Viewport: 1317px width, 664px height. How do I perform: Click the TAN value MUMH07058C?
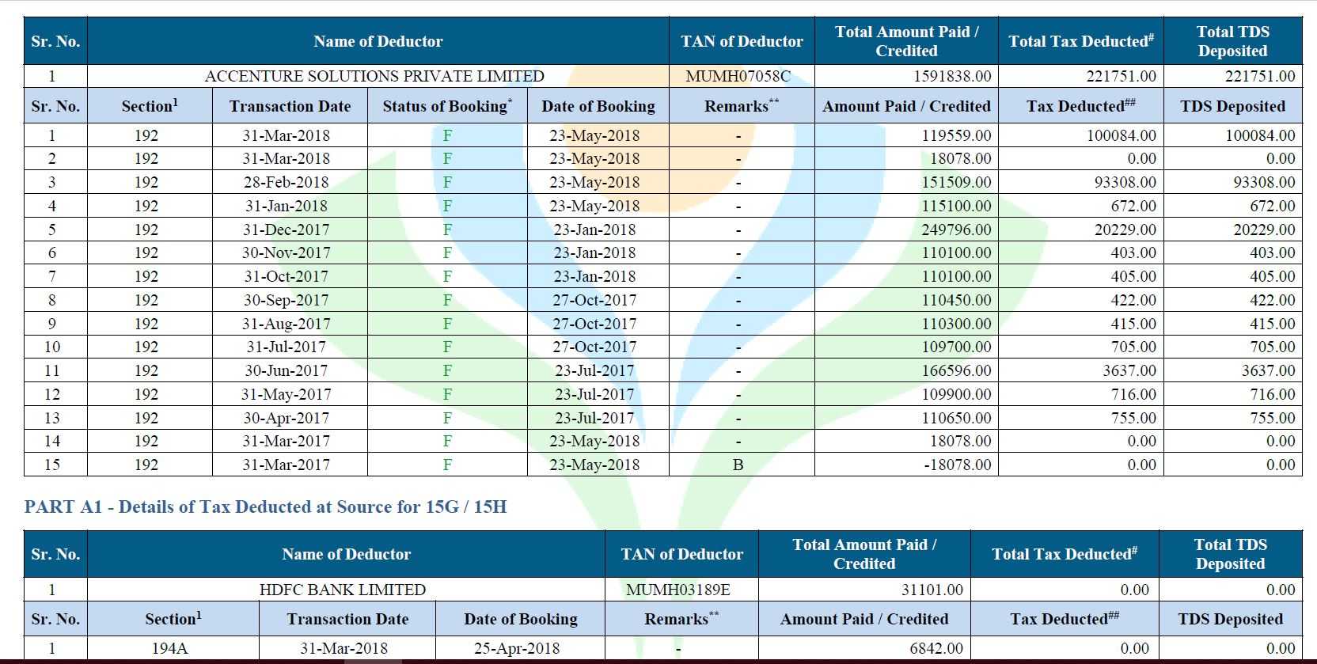(738, 76)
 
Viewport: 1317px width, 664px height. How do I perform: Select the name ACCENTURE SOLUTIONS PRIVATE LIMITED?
(374, 76)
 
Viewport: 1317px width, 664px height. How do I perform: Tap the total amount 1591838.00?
(952, 76)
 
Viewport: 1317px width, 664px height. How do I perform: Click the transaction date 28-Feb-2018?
(287, 182)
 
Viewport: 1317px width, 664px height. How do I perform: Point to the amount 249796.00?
(956, 229)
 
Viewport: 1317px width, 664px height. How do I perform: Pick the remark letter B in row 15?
(738, 465)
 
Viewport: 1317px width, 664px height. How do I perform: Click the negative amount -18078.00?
(957, 465)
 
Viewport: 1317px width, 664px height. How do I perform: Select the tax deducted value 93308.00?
(1125, 182)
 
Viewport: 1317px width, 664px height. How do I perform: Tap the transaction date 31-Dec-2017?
(287, 229)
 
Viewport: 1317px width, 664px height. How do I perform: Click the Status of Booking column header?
(447, 106)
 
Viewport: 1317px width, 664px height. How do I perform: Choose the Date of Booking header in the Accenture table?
(598, 106)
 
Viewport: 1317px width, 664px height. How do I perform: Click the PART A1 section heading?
(265, 507)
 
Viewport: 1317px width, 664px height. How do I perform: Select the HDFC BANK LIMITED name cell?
(343, 590)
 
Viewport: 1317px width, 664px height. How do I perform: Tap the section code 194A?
(170, 648)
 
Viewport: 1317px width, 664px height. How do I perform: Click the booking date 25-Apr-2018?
(517, 648)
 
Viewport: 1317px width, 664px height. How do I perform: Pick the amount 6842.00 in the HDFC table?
(936, 648)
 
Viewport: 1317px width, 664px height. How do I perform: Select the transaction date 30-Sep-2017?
(287, 300)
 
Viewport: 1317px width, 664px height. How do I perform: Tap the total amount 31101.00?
(932, 590)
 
